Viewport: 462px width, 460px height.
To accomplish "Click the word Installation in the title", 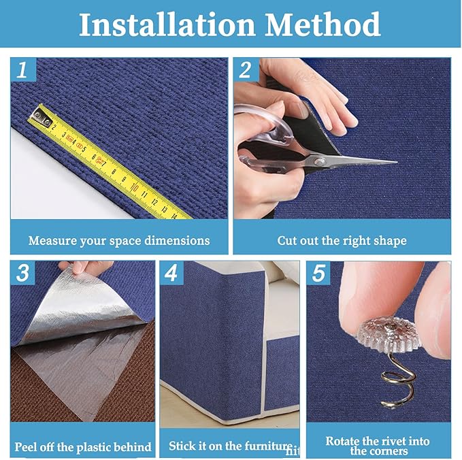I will click(167, 24).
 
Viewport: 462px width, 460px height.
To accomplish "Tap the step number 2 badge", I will click(246, 69).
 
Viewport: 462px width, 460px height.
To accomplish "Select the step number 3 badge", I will click(22, 273).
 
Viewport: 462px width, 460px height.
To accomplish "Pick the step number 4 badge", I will click(171, 274).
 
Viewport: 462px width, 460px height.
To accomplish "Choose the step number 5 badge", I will click(318, 274).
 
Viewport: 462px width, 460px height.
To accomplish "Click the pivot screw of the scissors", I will click(318, 161).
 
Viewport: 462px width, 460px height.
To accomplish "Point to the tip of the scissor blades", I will click(395, 162).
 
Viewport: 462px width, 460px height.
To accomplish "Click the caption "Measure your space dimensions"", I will click(119, 240).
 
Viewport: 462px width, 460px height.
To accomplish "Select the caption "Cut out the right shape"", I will click(342, 240).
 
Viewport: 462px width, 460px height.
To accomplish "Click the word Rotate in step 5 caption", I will click(345, 441).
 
